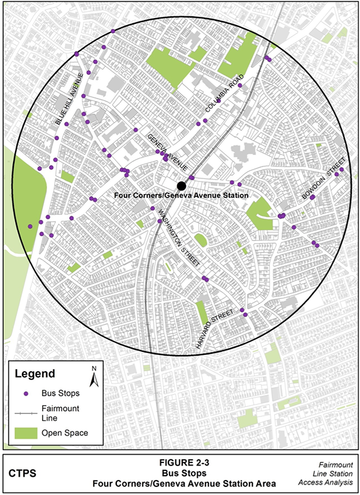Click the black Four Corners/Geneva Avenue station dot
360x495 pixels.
pos(181,186)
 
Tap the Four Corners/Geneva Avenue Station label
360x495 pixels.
pos(182,196)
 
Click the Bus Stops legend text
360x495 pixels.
pos(60,394)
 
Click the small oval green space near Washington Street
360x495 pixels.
pos(200,240)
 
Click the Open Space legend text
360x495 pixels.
pos(64,433)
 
